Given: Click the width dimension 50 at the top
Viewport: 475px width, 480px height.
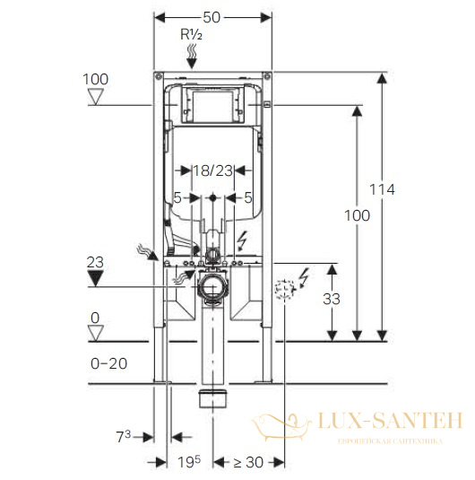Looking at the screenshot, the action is tap(212, 17).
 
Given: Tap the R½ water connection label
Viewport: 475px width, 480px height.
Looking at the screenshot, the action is tap(192, 35).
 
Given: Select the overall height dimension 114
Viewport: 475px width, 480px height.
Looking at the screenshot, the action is tap(382, 189).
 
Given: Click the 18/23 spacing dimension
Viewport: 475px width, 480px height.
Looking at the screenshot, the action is tap(213, 170).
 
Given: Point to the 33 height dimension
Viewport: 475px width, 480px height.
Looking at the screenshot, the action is tap(332, 299).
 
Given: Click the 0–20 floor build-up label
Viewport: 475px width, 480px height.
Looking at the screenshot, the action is tap(108, 363).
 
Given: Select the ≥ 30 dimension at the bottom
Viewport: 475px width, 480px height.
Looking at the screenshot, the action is tap(248, 462).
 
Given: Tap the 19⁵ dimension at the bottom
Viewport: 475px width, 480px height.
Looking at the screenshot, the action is tap(189, 462).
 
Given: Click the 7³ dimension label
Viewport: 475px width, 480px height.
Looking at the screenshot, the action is tap(124, 436).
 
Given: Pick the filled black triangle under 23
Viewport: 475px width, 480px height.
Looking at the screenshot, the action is tap(95, 278).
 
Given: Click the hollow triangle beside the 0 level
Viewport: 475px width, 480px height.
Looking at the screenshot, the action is tap(95, 333).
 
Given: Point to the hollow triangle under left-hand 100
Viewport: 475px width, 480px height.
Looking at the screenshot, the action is tap(95, 97).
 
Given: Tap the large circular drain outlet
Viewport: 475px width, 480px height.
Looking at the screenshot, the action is tap(212, 287).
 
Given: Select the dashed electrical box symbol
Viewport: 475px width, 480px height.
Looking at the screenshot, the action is tap(284, 289).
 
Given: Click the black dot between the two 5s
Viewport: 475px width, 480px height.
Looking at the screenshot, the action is tap(213, 198).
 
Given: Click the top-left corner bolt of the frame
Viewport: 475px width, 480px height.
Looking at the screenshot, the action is tap(159, 75).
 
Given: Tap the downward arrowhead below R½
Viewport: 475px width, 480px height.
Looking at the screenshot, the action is tap(192, 64).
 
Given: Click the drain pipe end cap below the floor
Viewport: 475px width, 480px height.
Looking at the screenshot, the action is tap(213, 398).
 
